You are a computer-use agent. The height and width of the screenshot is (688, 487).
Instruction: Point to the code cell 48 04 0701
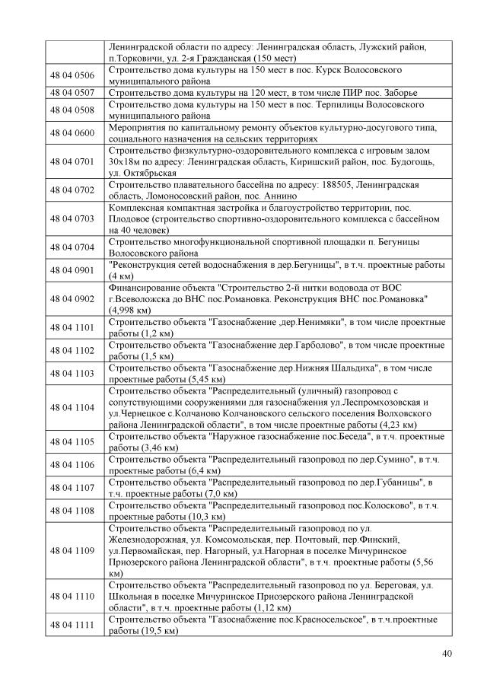coord(72,161)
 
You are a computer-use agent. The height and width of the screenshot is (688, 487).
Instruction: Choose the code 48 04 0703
coord(72,218)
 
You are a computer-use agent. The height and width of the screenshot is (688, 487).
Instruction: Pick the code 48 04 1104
coord(72,407)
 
